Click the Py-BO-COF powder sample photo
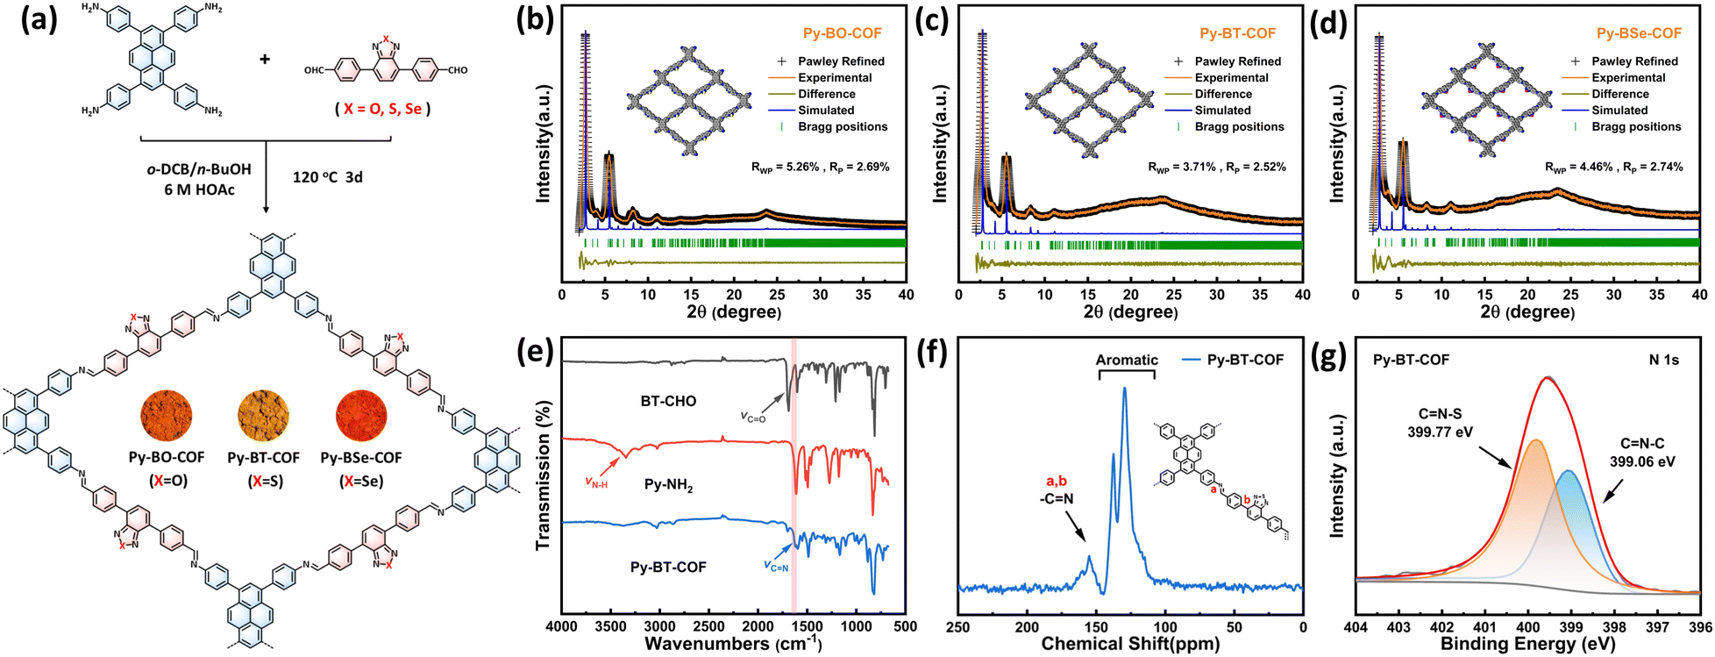tap(166, 417)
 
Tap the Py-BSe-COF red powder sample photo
tap(361, 417)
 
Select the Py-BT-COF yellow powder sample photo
tap(264, 417)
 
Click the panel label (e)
tap(533, 352)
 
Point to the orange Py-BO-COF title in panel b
tap(843, 33)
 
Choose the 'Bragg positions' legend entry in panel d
tap(1636, 126)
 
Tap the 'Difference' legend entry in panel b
tap(826, 94)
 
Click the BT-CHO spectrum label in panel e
tap(668, 401)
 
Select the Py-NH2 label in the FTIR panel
tap(667, 484)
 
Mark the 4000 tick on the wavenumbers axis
tap(562, 626)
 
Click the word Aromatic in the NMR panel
tap(1127, 360)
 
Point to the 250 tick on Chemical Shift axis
tap(958, 627)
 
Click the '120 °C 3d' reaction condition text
tap(327, 177)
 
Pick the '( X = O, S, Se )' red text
tap(383, 109)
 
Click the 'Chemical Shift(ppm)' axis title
tap(1130, 644)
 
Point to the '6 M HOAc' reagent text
tap(199, 189)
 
